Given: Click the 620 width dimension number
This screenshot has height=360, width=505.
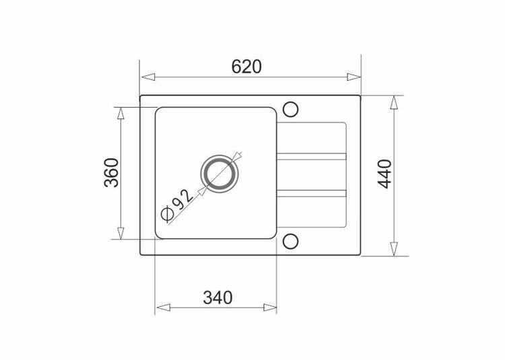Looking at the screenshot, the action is coord(246,67).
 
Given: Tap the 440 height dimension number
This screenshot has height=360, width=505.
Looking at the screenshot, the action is coord(385,174).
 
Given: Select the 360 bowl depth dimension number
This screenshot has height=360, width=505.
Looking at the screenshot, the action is coord(112,173).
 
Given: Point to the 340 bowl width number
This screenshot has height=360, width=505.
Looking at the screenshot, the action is coord(217,297).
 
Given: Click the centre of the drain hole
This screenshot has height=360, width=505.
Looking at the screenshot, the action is coord(220,174).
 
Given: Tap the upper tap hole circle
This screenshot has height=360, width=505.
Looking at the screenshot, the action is coord(290,110).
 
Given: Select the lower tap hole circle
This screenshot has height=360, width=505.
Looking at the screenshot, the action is coord(290,242).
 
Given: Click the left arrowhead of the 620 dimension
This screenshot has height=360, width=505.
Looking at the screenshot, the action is coord(148,77).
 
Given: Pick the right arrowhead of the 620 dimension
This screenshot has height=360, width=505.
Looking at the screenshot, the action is coord(353,77).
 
